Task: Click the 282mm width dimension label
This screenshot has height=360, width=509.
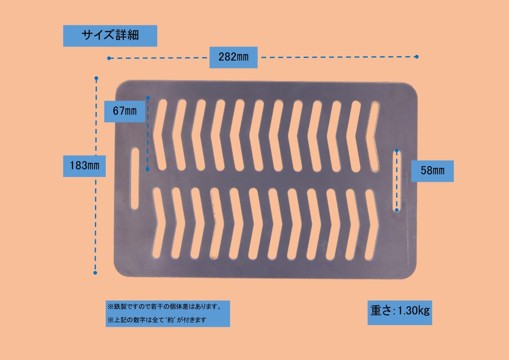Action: [x=233, y=57]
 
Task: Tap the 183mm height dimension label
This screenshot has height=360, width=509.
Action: [x=84, y=166]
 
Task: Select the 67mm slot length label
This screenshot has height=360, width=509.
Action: [x=125, y=111]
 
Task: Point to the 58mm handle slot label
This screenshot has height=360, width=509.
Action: [x=432, y=171]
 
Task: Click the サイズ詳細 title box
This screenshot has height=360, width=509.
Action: [x=110, y=36]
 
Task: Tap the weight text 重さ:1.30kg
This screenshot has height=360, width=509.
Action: [x=400, y=311]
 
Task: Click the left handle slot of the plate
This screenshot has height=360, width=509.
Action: [x=135, y=178]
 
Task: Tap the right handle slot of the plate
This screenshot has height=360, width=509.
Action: [x=397, y=180]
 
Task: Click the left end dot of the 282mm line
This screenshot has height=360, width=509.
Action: [x=109, y=58]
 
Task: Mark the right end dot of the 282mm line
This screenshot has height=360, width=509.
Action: [x=416, y=57]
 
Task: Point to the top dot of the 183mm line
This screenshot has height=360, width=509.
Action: [x=96, y=78]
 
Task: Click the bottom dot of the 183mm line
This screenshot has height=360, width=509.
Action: [x=95, y=273]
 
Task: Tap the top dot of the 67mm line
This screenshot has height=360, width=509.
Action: [x=148, y=97]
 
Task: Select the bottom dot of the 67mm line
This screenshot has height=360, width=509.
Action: [x=148, y=169]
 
